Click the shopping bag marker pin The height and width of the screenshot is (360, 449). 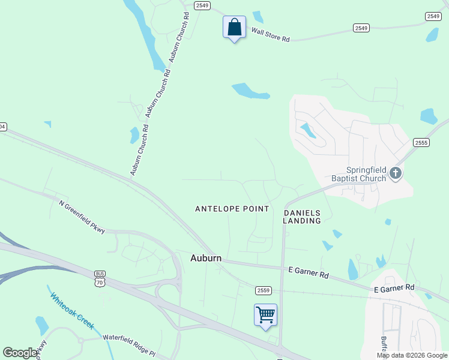(x=234, y=28)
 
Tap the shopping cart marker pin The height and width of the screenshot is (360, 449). (x=265, y=315)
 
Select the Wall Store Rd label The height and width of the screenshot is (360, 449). (x=270, y=35)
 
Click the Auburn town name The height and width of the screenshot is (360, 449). (x=206, y=258)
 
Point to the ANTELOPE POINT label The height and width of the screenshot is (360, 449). (x=232, y=209)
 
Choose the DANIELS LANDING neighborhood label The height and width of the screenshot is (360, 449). (x=302, y=217)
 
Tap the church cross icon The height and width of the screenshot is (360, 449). (x=395, y=173)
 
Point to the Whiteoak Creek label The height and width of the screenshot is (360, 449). (x=72, y=310)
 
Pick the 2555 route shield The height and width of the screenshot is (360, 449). (x=421, y=142)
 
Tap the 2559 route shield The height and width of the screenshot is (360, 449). (x=263, y=290)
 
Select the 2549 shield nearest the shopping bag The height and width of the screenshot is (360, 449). (x=202, y=5)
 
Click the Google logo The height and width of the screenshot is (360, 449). (x=19, y=352)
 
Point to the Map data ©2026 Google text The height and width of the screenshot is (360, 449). (x=411, y=355)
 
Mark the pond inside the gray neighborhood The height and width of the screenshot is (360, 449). (x=309, y=130)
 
